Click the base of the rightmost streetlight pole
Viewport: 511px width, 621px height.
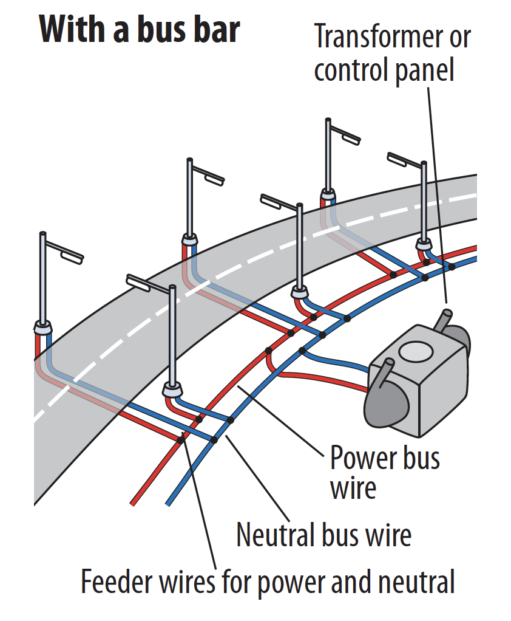pos(424,244)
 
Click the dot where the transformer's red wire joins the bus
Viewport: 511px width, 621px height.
pos(268,351)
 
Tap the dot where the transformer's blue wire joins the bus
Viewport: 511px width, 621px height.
pos(302,351)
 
